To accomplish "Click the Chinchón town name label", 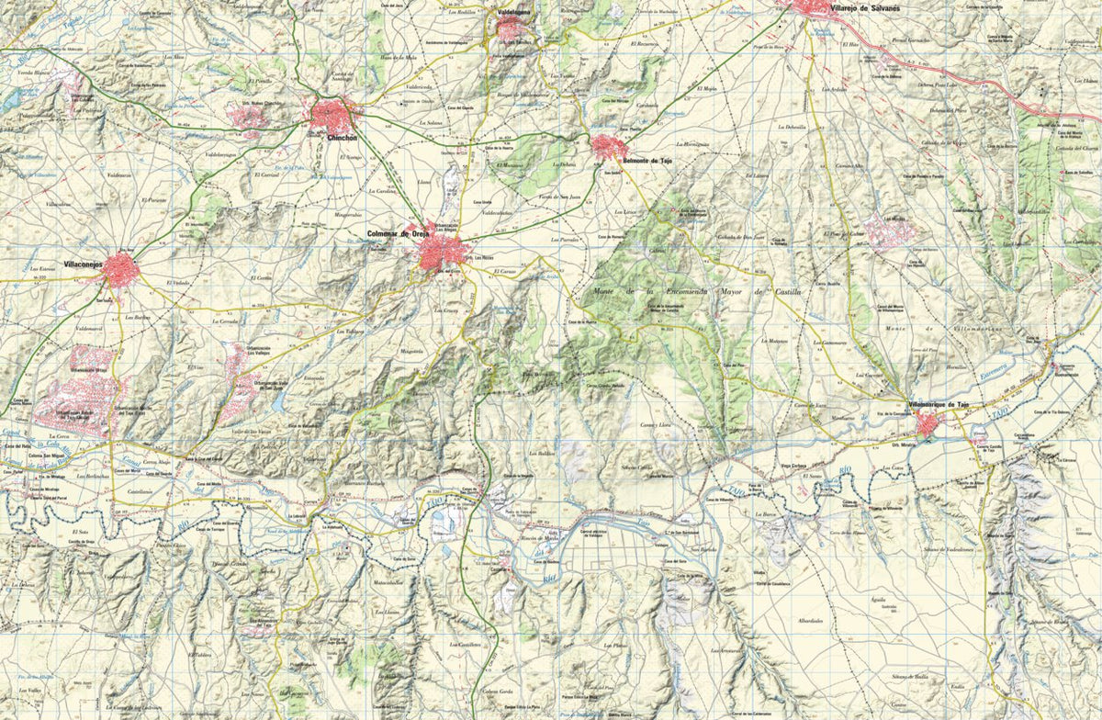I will tap(342, 137).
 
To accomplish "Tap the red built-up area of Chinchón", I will tap(332, 116).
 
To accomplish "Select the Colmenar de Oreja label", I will tap(398, 234).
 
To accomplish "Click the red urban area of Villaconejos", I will tap(120, 270).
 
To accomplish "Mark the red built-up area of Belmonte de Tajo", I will tap(607, 146).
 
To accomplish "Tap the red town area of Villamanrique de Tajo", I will tap(928, 425).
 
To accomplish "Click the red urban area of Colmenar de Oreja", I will tap(440, 251).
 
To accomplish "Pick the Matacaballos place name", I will tap(389, 582).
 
